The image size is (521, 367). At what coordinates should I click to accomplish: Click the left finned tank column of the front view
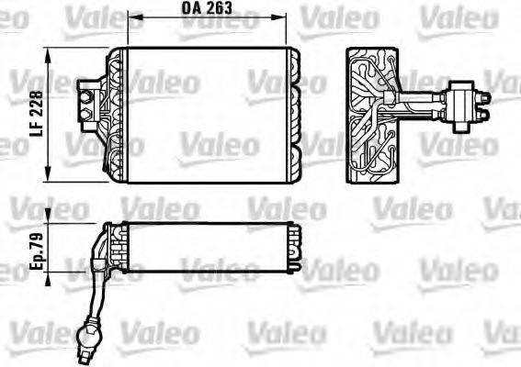pyautogui.click(x=115, y=115)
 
